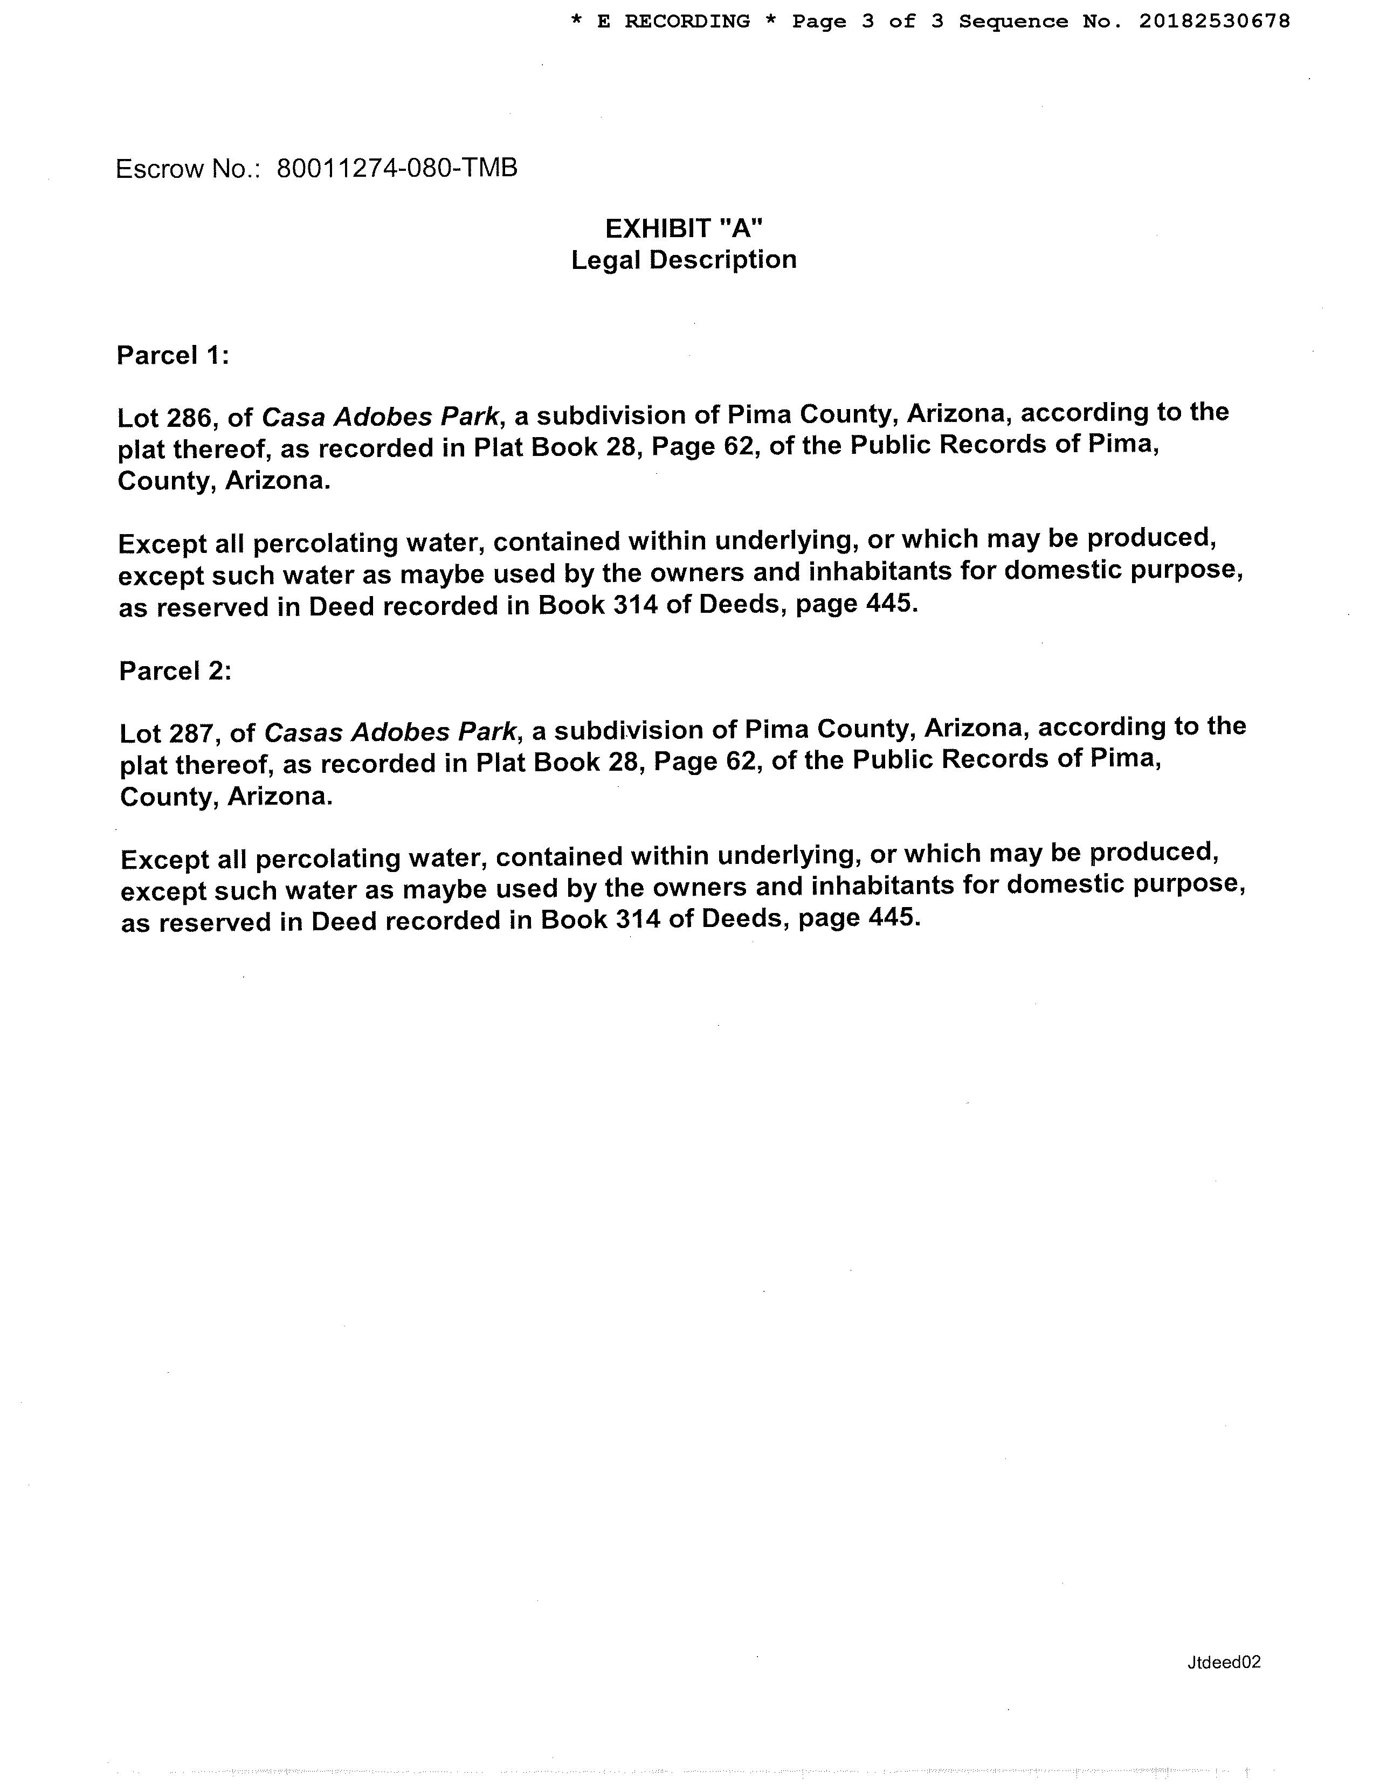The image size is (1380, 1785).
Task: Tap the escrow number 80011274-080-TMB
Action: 397,168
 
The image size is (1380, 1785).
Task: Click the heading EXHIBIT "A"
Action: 684,228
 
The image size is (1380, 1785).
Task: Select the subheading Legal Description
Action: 684,260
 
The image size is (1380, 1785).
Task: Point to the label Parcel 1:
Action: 172,356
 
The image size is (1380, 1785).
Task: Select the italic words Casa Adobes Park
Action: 380,417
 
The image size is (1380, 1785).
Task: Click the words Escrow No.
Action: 187,169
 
